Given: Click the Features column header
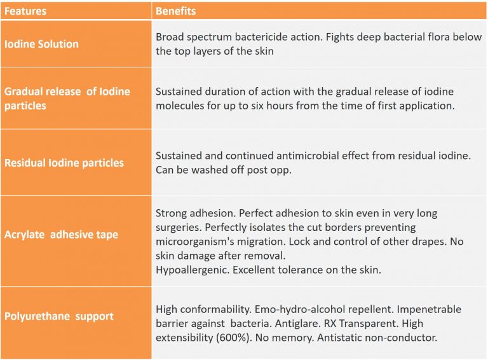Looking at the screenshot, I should pos(25,11).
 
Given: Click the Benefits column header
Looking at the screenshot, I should pos(175,11).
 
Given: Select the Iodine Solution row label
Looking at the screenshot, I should pos(41,44).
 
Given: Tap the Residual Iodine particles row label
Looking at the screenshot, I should pos(64,163).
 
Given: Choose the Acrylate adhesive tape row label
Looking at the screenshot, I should pos(61,235).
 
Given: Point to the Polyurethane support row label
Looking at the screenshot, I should pos(59,316).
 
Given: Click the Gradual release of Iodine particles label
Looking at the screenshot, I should pos(67,99).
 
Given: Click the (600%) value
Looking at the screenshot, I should pos(227,338).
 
